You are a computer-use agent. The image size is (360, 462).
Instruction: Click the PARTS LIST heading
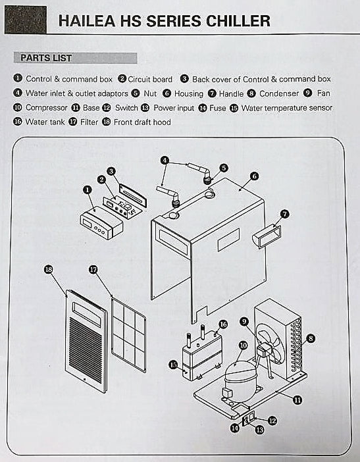(x=46, y=58)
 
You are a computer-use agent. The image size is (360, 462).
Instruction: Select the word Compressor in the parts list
(x=46, y=107)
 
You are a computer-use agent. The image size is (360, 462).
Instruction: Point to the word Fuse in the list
(x=217, y=107)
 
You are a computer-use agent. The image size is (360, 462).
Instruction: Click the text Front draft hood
(x=141, y=122)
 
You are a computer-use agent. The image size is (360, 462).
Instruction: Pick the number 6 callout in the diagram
(x=254, y=176)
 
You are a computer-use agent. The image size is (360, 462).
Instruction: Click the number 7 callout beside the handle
(x=284, y=214)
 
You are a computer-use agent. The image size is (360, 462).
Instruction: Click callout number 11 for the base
(x=297, y=399)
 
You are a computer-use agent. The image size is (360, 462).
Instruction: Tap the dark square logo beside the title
(x=26, y=20)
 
